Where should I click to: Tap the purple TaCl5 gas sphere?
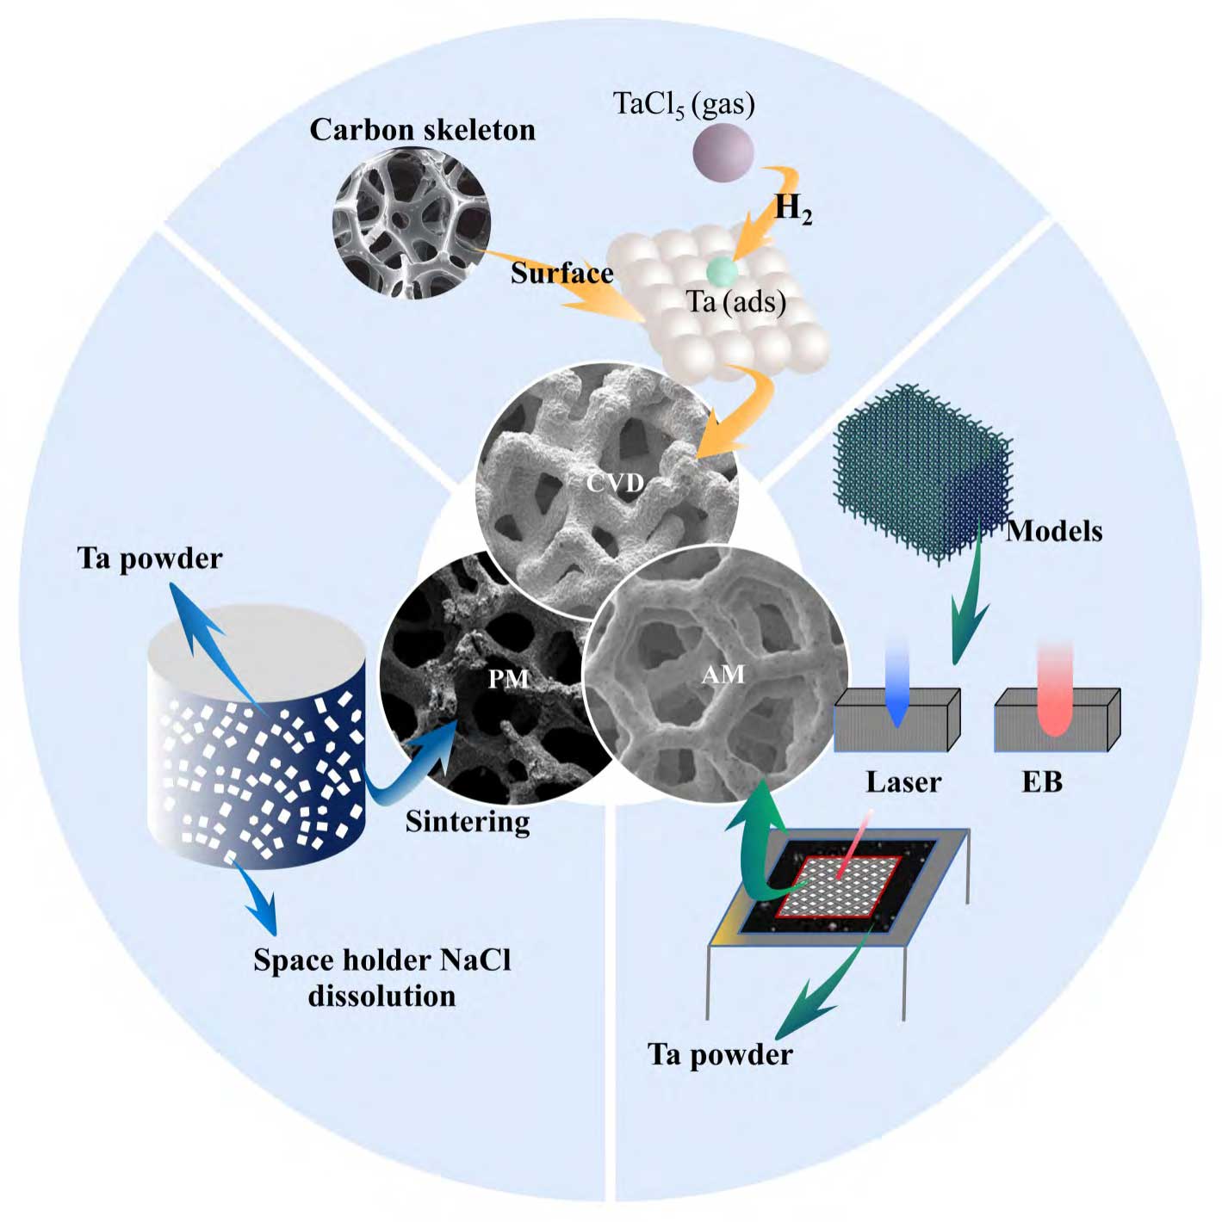723,152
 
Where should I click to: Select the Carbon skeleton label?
422,131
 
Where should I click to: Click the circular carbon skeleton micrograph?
412,223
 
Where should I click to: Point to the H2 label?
793,208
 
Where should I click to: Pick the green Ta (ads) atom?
723,272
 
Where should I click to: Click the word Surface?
561,274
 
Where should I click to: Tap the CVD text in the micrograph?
615,484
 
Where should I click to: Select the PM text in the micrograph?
508,679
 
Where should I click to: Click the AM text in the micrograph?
723,675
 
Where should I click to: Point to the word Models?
1054,532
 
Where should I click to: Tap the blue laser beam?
896,686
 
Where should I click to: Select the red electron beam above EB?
1055,689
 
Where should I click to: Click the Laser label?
903,782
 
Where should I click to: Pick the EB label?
1042,782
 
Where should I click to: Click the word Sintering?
468,823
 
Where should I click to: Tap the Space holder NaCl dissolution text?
382,978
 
